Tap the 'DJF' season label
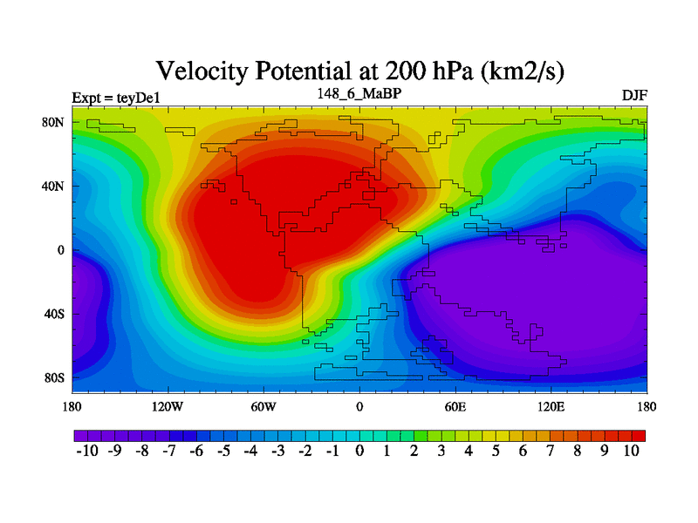634,94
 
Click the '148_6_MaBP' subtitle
360,92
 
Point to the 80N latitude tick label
55,122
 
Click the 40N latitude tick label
55,186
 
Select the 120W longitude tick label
167,406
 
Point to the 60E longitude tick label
455,406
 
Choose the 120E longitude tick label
551,406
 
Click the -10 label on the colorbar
88,451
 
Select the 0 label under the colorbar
359,451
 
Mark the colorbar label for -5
223,451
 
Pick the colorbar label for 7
550,451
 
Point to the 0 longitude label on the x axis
359,406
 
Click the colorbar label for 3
441,451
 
